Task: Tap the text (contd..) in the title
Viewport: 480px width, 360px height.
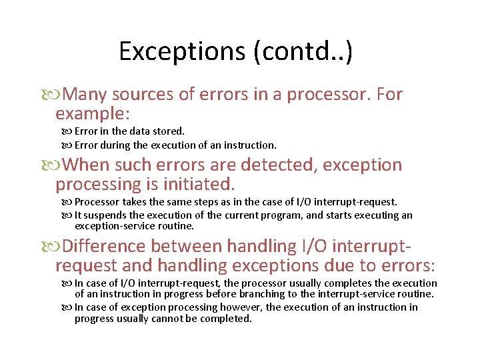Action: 303,51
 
